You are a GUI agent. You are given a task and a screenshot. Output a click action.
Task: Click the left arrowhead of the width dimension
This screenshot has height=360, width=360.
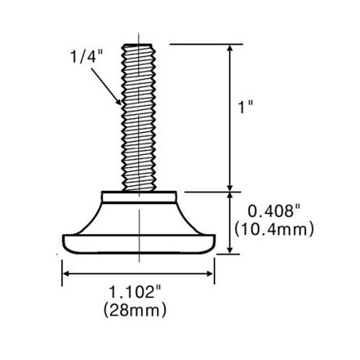[66, 273]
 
